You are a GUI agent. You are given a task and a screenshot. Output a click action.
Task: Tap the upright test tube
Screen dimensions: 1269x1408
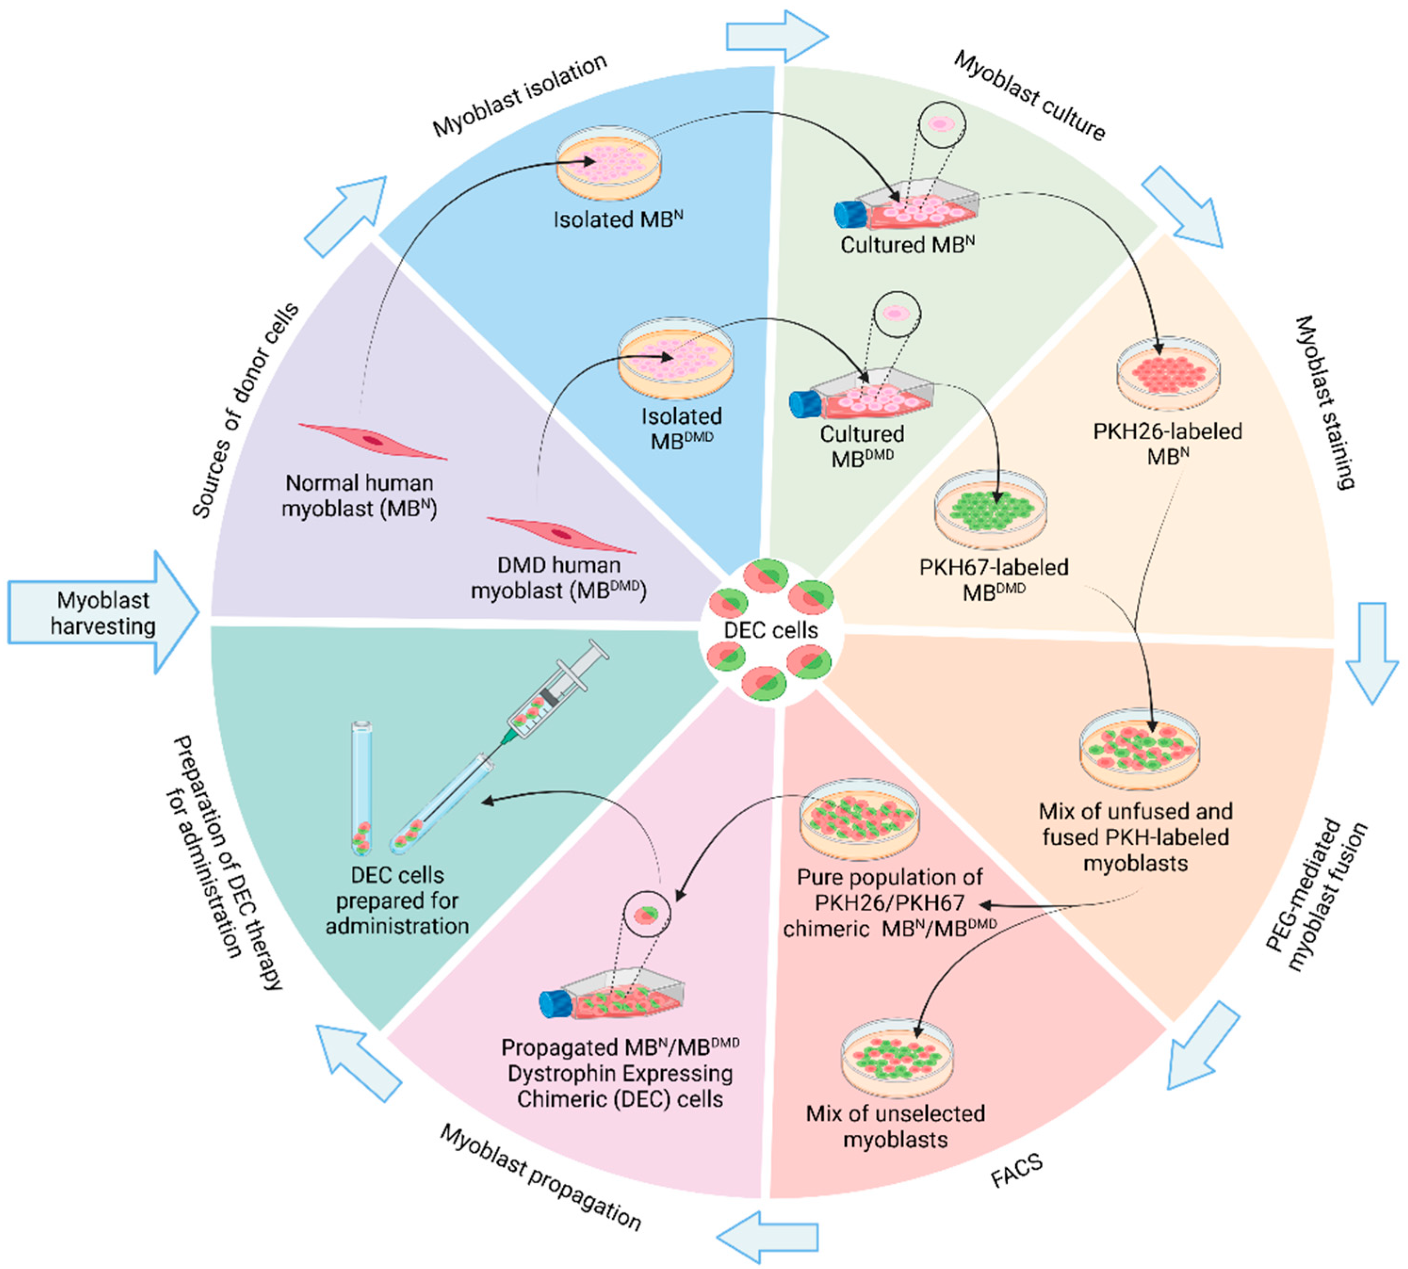pyautogui.click(x=361, y=788)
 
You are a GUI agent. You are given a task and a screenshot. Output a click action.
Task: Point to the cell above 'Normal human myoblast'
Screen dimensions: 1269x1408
pyautogui.click(x=372, y=441)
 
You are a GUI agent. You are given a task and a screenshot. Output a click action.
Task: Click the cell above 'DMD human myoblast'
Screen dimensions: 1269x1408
pyautogui.click(x=561, y=534)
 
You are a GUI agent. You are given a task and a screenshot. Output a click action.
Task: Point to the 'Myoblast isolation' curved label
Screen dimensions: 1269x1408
pyautogui.click(x=519, y=96)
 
